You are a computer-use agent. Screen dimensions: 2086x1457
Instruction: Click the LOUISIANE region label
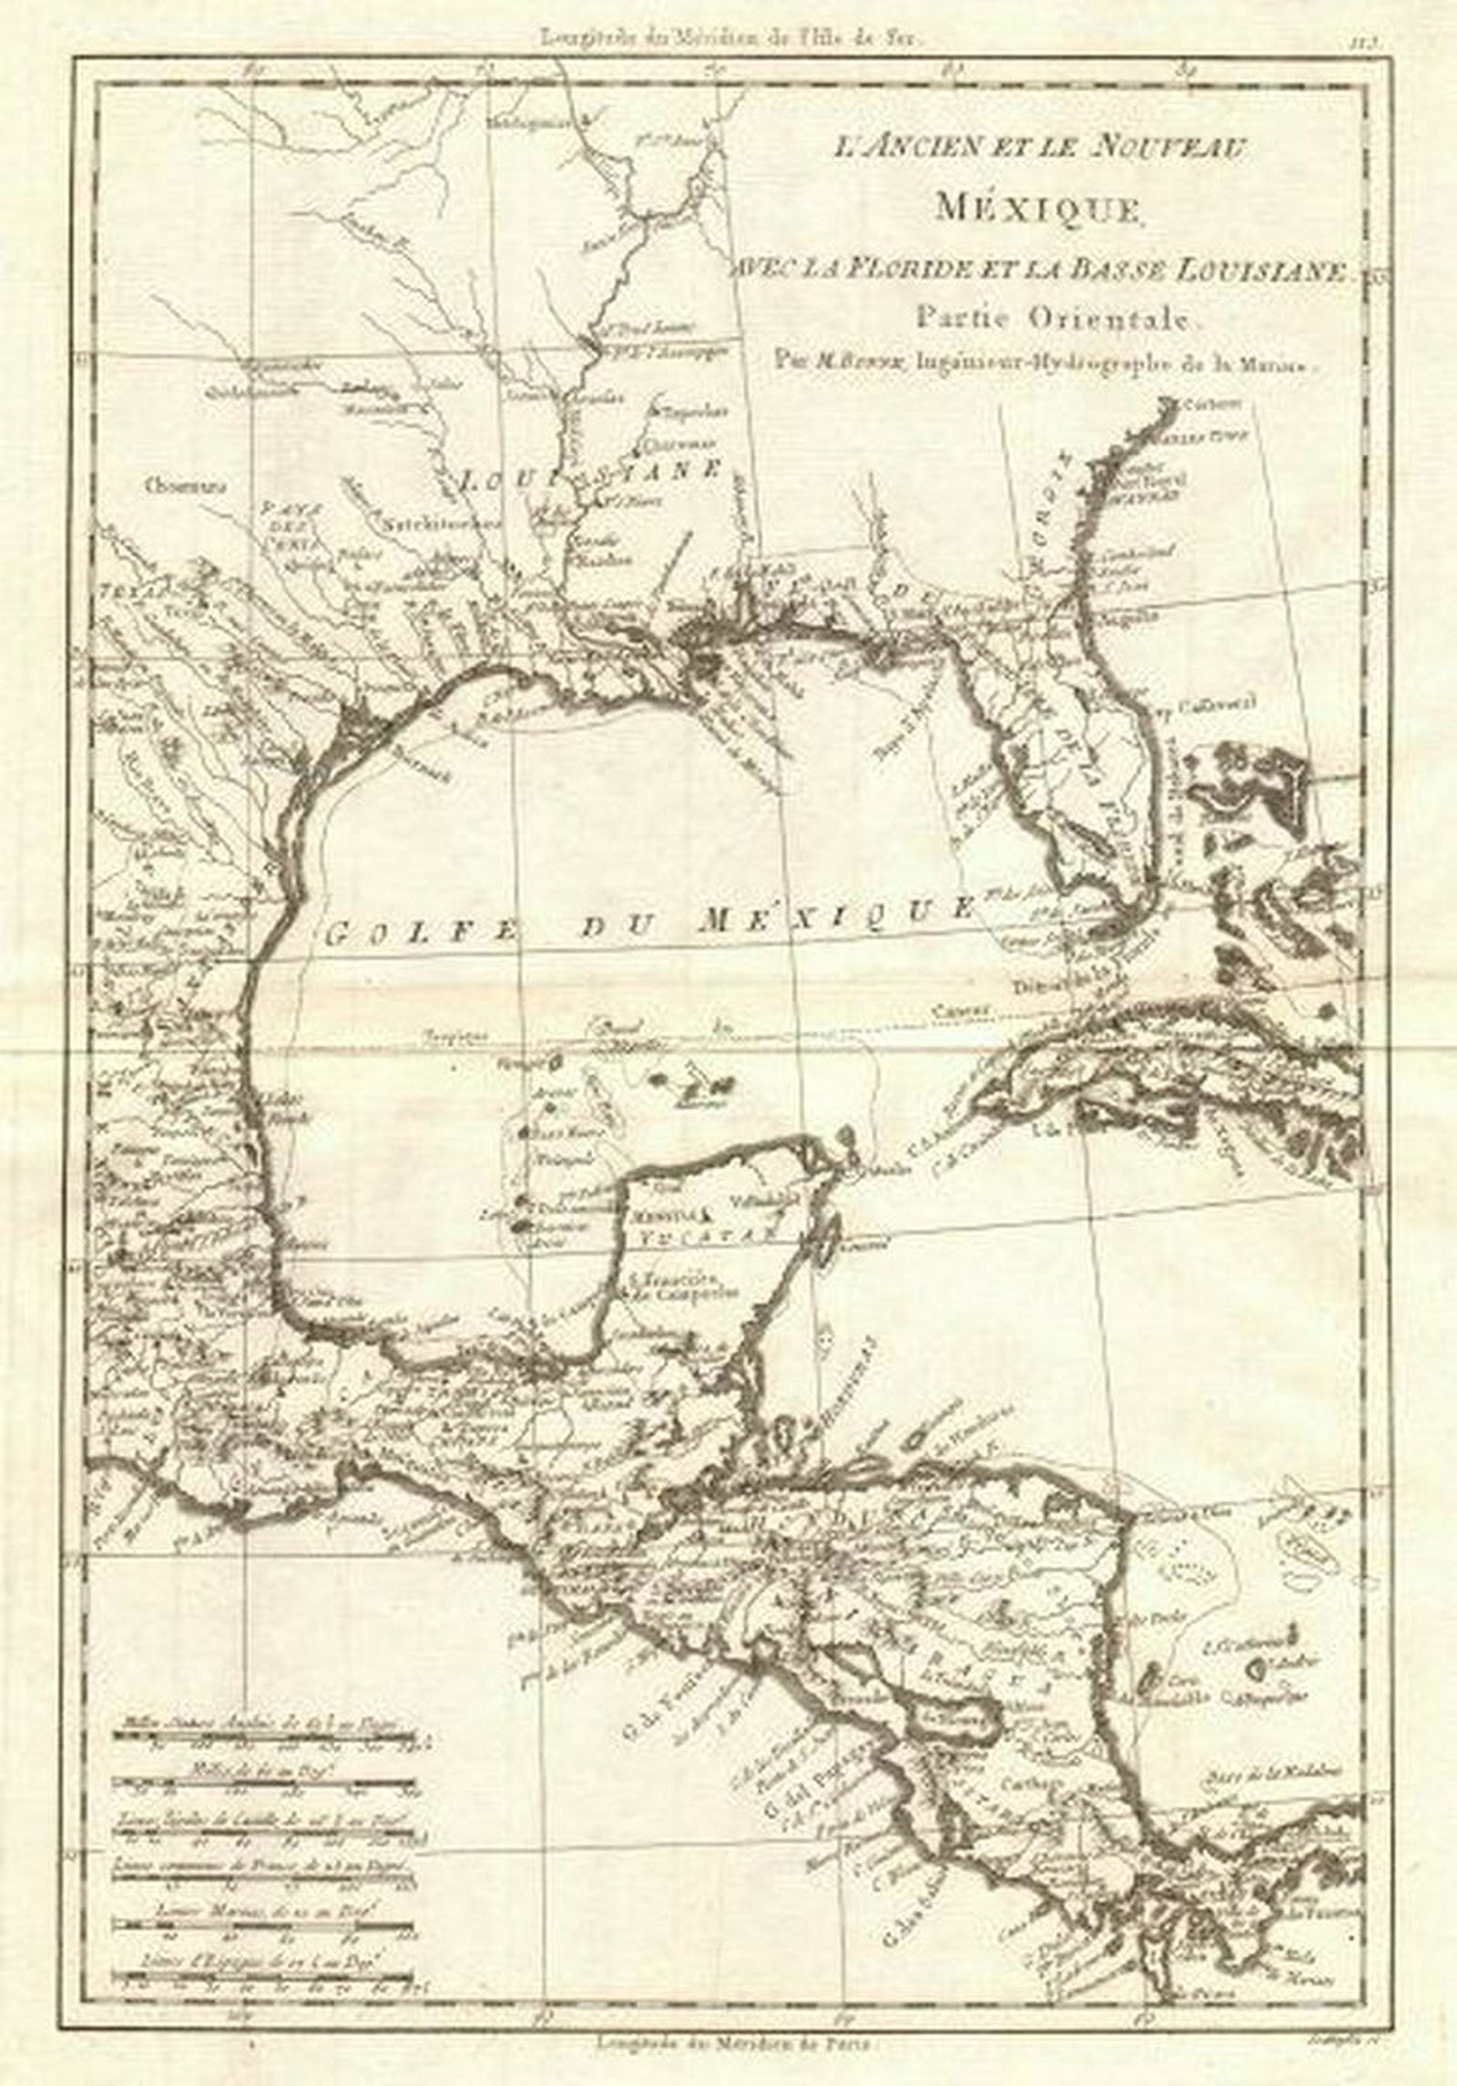592,474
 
